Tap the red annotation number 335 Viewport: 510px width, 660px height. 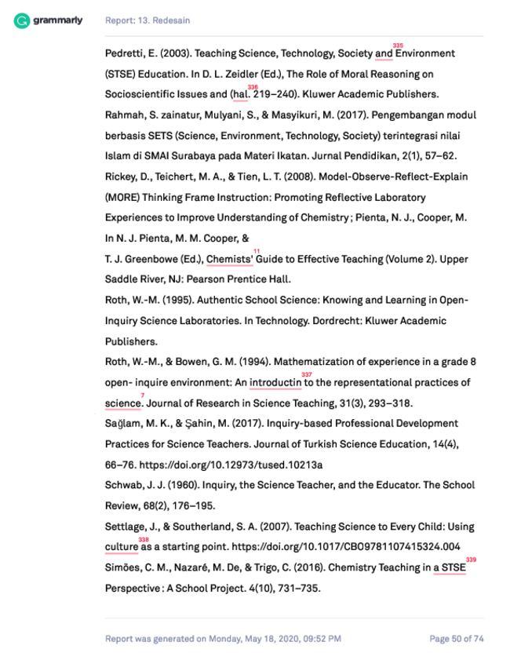click(x=398, y=46)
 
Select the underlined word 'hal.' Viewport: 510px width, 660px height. click(x=240, y=94)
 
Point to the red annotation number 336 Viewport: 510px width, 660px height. click(x=252, y=87)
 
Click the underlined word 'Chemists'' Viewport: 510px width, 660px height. click(x=230, y=259)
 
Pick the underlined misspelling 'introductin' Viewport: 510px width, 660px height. click(x=275, y=382)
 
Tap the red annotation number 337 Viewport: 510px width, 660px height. click(x=307, y=374)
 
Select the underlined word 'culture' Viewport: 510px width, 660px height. click(x=122, y=546)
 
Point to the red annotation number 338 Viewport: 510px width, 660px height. click(x=144, y=539)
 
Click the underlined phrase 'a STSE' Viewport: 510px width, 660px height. click(x=449, y=567)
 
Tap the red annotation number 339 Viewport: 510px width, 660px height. click(x=471, y=560)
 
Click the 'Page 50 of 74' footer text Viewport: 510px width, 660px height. click(x=456, y=639)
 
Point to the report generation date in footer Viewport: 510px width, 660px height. click(x=223, y=639)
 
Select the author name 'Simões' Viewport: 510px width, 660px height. click(x=123, y=567)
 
